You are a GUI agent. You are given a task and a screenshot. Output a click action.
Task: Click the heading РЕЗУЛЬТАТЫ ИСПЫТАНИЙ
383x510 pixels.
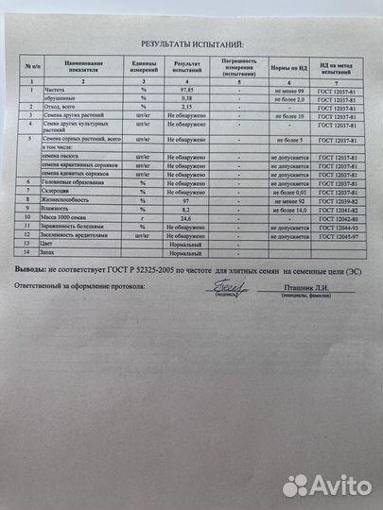[x=192, y=44]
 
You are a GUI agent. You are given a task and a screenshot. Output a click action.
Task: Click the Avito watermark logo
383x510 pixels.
[x=325, y=485]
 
